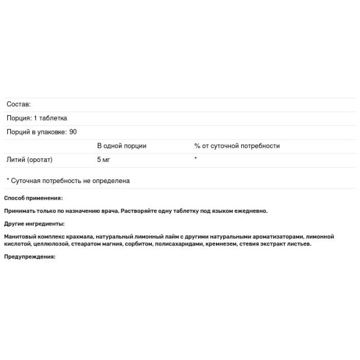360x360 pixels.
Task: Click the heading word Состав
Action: click(x=19, y=104)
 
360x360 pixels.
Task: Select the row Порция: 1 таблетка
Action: click(x=37, y=118)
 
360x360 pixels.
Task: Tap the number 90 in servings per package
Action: click(x=73, y=132)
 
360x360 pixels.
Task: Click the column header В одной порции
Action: click(x=122, y=146)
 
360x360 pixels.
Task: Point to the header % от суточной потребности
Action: click(x=237, y=146)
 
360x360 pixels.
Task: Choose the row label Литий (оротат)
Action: click(x=30, y=160)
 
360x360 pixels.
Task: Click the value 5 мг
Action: click(x=104, y=160)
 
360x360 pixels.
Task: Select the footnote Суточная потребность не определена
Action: click(x=71, y=181)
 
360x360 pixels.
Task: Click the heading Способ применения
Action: click(x=33, y=198)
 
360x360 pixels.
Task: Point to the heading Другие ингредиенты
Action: click(x=34, y=223)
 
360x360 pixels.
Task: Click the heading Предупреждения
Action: click(x=29, y=256)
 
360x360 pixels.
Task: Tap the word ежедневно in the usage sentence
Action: click(x=253, y=211)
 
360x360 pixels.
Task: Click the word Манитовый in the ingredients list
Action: click(x=19, y=236)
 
